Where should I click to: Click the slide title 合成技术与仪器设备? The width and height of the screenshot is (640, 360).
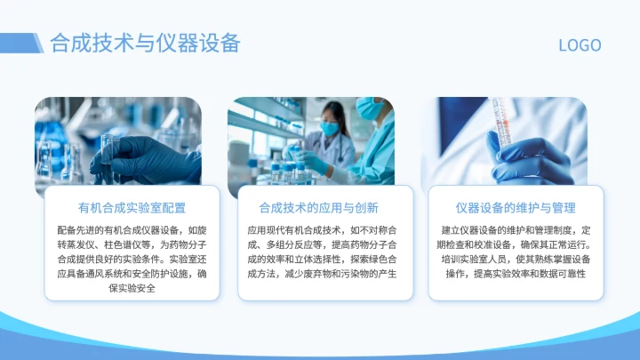tap(145, 43)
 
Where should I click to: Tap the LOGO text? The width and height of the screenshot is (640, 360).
tap(579, 45)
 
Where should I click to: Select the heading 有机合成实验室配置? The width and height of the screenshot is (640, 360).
tap(132, 208)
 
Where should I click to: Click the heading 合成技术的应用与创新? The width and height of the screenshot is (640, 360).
tap(318, 208)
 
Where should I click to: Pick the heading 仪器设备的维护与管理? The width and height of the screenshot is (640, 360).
tap(516, 208)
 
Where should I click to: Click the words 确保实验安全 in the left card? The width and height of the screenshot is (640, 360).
tap(132, 289)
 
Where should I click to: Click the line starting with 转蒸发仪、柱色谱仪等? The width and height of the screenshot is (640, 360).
tap(132, 245)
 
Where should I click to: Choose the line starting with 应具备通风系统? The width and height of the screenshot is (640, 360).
tap(132, 275)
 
